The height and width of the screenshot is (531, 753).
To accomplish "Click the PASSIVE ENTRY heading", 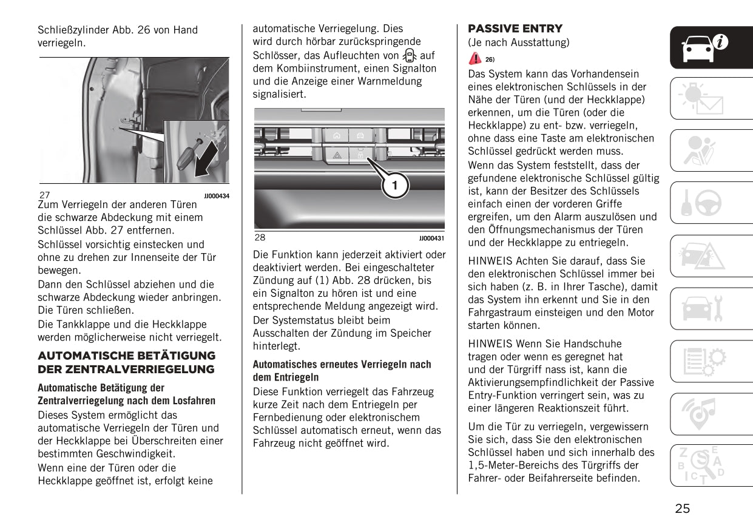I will (515, 29).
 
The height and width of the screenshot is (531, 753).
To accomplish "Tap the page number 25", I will (683, 509).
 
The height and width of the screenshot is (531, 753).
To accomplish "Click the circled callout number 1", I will (394, 186).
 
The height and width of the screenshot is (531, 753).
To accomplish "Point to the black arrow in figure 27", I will (207, 160).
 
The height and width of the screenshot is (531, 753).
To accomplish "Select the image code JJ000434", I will (217, 197).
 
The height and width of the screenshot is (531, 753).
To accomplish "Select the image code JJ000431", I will (431, 239).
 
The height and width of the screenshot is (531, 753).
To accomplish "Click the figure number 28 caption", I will (260, 238).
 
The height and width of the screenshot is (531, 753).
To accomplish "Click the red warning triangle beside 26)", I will (474, 59).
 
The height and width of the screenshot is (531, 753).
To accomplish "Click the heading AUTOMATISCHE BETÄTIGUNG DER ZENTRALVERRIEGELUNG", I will (126, 362).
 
